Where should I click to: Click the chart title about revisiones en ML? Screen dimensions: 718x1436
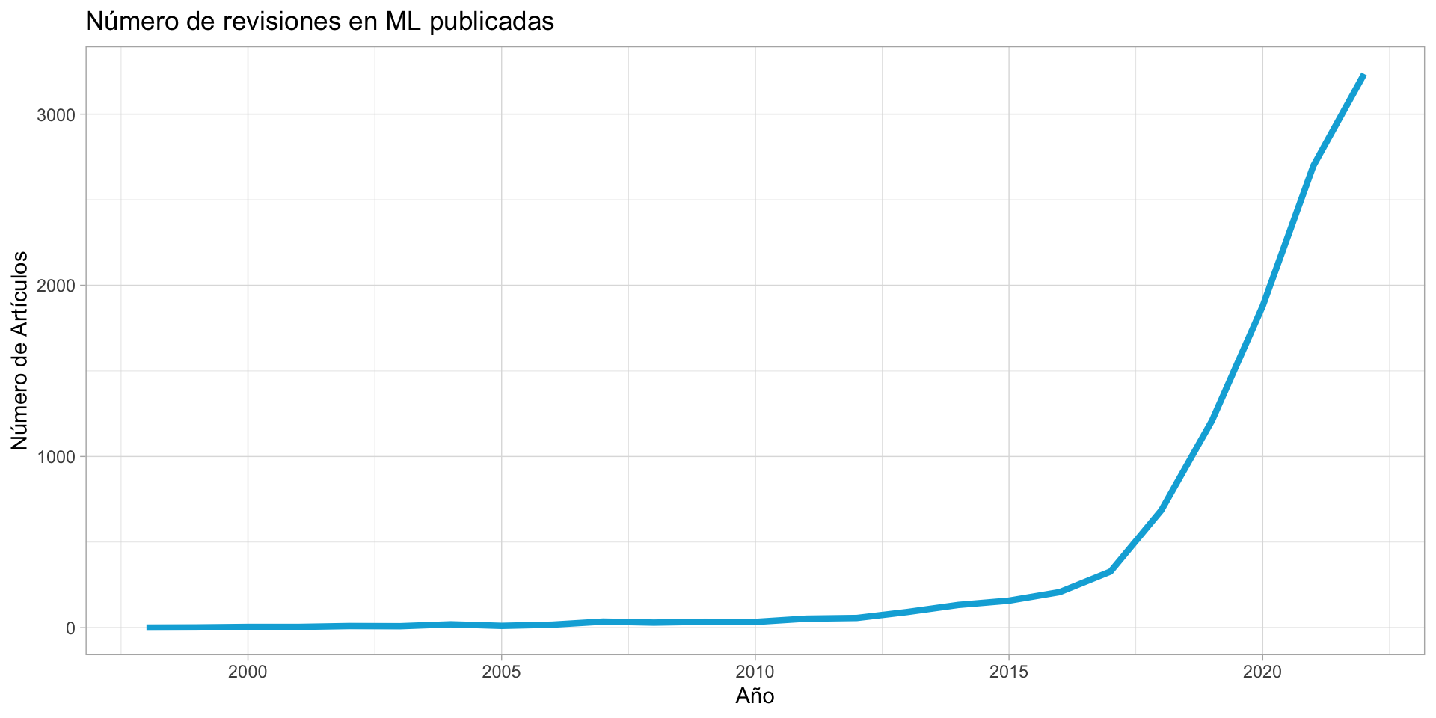tap(319, 22)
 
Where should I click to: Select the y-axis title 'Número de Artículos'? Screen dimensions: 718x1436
tap(20, 350)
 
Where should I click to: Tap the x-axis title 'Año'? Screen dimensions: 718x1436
tap(755, 696)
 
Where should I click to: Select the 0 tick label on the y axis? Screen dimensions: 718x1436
tap(71, 628)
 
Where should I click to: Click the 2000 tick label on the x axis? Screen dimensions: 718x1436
tap(248, 672)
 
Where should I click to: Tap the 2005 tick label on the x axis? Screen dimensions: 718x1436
tap(501, 672)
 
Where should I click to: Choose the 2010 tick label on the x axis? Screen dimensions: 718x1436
tap(755, 672)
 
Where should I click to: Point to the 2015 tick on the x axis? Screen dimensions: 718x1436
tap(1009, 672)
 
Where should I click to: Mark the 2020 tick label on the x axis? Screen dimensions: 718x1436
tap(1262, 672)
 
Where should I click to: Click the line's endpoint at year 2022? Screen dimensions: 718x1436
tap(1364, 76)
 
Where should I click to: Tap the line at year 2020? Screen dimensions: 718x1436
tap(1262, 306)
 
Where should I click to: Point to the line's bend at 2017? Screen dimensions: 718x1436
tap(1111, 571)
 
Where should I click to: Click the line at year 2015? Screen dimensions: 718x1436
tap(1009, 601)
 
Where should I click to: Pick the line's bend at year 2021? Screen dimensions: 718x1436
tap(1313, 165)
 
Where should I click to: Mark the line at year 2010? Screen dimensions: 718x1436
tap(755, 622)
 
